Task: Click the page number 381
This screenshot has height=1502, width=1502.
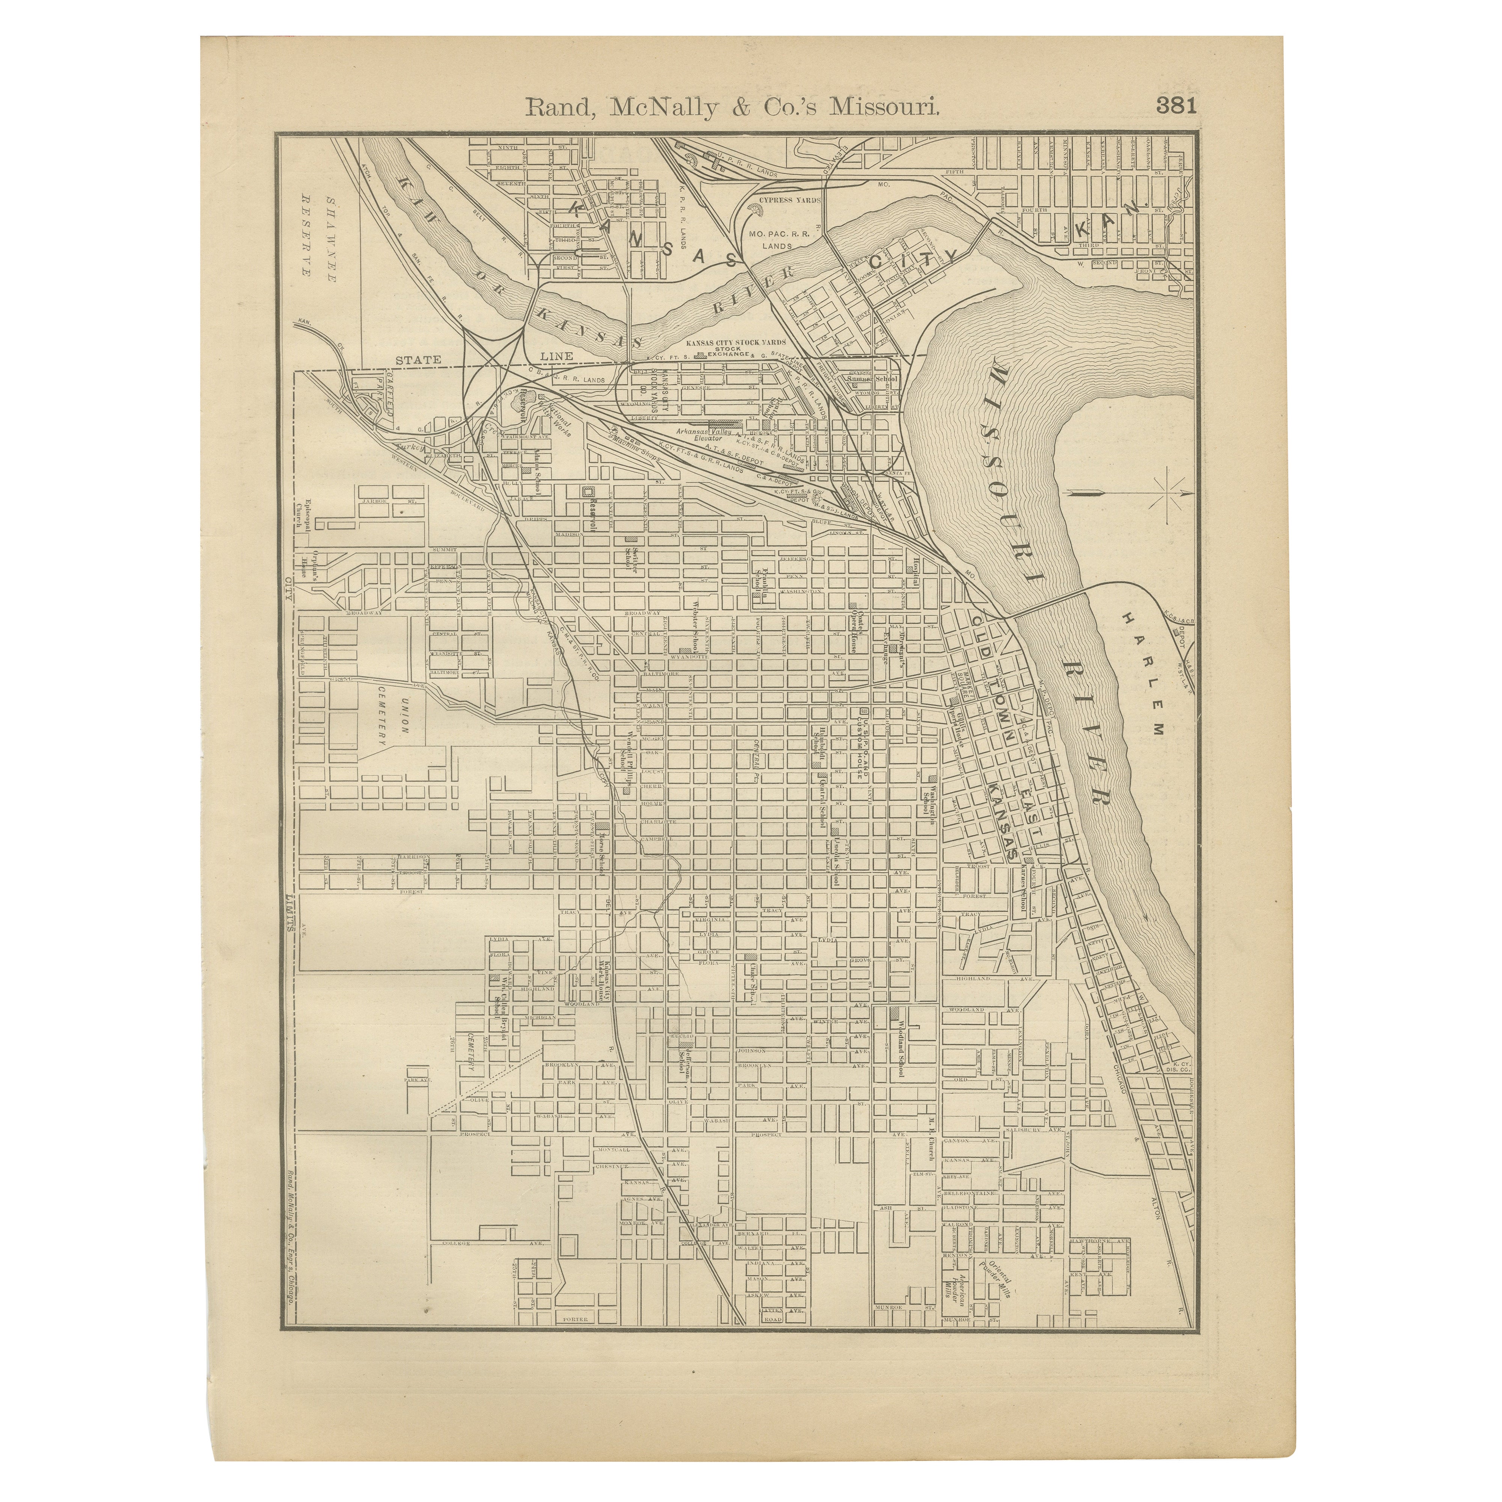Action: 1176,106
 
